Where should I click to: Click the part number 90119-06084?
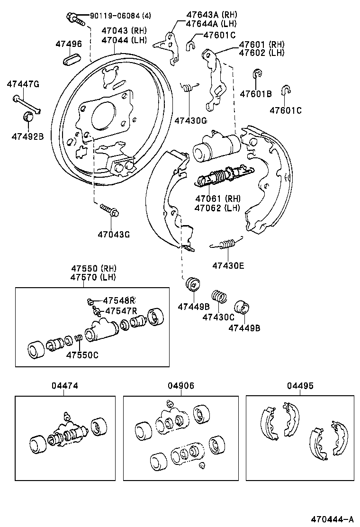click(x=114, y=16)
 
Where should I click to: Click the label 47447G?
click(x=23, y=84)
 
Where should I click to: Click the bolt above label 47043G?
click(x=109, y=211)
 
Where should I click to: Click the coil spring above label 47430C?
click(x=218, y=296)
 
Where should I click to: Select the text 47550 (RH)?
click(x=93, y=268)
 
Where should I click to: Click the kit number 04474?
click(x=65, y=386)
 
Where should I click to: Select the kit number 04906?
click(x=180, y=386)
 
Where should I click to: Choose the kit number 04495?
click(x=299, y=386)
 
